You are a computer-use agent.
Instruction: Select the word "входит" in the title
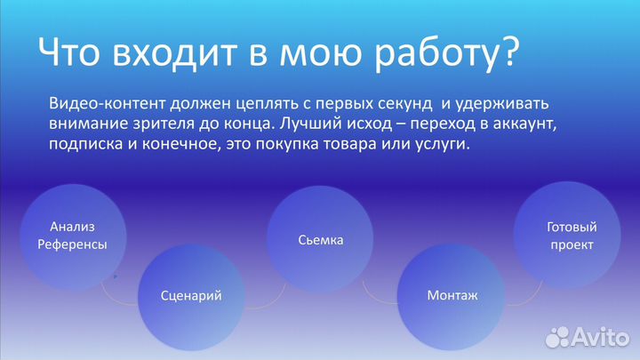[x=177, y=54]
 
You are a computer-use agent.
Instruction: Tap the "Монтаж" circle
[x=452, y=294]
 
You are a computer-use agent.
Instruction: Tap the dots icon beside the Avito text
[x=558, y=336]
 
